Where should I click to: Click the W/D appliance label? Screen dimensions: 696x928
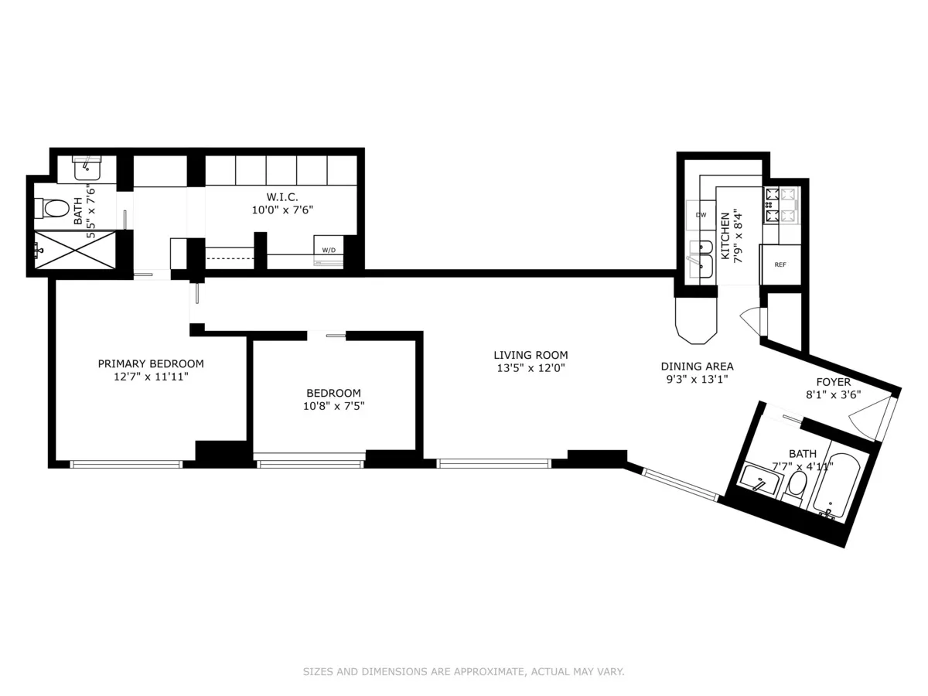coord(329,250)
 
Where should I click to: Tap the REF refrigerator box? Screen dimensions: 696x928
coord(780,264)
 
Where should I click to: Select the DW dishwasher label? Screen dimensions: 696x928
coord(701,214)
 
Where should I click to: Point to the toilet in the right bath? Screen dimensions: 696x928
coord(797,485)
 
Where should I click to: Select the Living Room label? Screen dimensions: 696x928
coord(525,355)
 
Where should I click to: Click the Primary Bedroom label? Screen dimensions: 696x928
coord(151,363)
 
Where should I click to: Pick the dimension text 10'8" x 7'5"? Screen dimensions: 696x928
coord(333,404)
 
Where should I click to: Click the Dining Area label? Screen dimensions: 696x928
coord(697,367)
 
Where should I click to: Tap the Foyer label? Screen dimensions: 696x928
coord(833,382)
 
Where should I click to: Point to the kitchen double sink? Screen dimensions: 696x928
coord(701,257)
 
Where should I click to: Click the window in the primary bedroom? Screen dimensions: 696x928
coord(126,464)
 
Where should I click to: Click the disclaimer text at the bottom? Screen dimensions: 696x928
coord(463,672)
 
